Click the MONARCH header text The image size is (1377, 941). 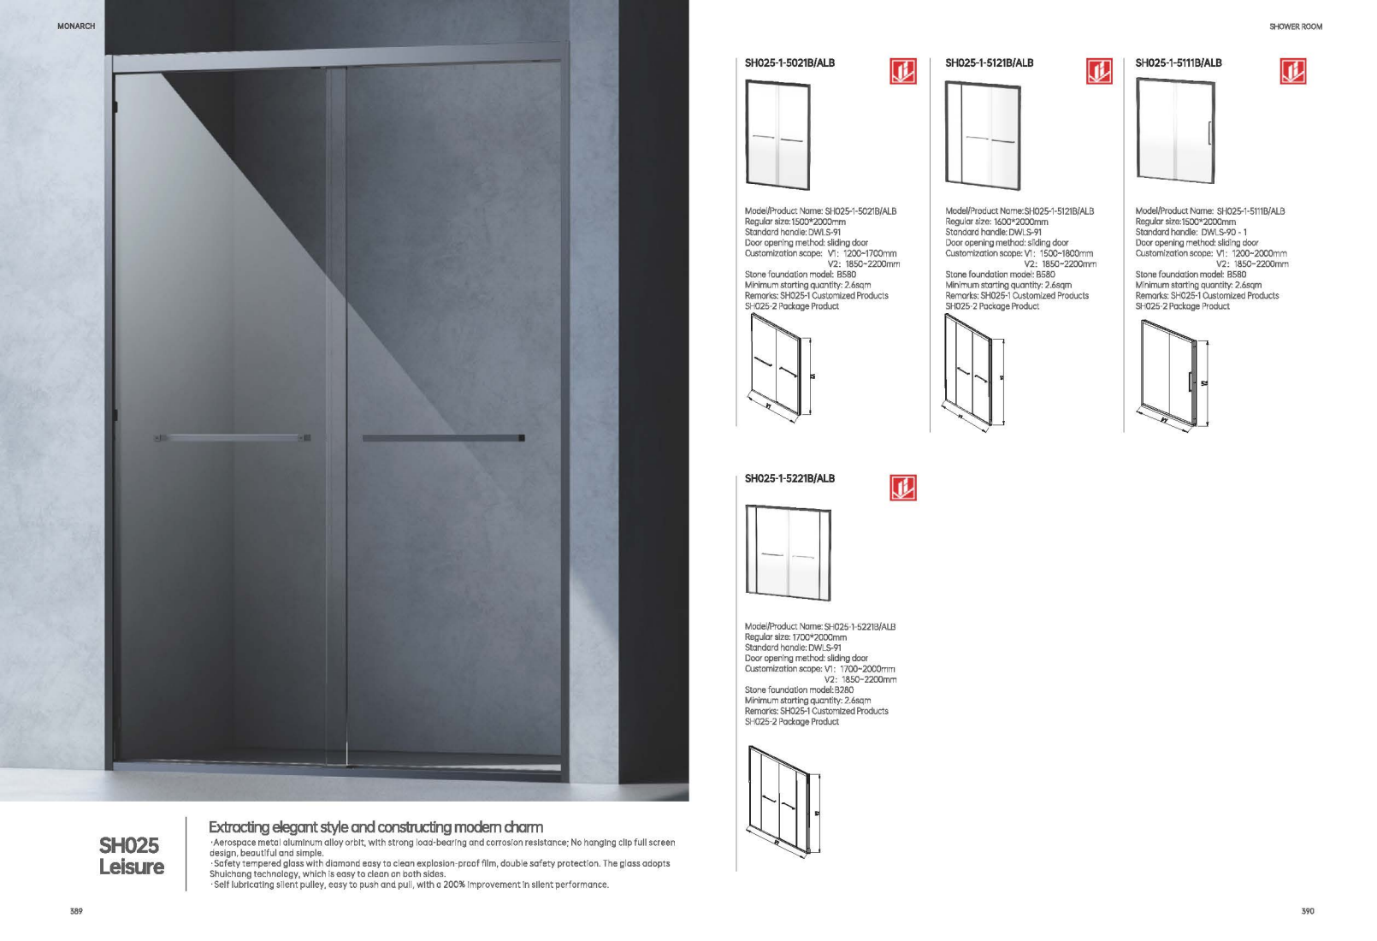coord(76,27)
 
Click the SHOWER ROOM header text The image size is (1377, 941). coord(1296,27)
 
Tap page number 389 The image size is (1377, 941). coord(76,911)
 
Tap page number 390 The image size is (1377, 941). coord(1308,911)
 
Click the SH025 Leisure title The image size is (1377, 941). coord(131,855)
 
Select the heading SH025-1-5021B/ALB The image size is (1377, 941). coord(789,62)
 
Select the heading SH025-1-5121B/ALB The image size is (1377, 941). coord(989,62)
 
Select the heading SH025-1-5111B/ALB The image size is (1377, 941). coord(1178,62)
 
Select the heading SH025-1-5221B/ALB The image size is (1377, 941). coord(789,478)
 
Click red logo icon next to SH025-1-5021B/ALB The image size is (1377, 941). coord(902,72)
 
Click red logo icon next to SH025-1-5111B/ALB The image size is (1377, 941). coord(1292,72)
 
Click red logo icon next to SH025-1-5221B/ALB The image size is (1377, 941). coord(902,488)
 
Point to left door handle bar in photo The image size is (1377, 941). coord(233,438)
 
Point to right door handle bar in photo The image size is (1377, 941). coord(443,438)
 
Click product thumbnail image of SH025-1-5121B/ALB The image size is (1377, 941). coord(983,134)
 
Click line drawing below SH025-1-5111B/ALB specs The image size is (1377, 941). coord(1173,374)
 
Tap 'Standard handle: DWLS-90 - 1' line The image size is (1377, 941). coord(1191,232)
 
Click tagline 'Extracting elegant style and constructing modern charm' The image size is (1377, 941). coord(375,827)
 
